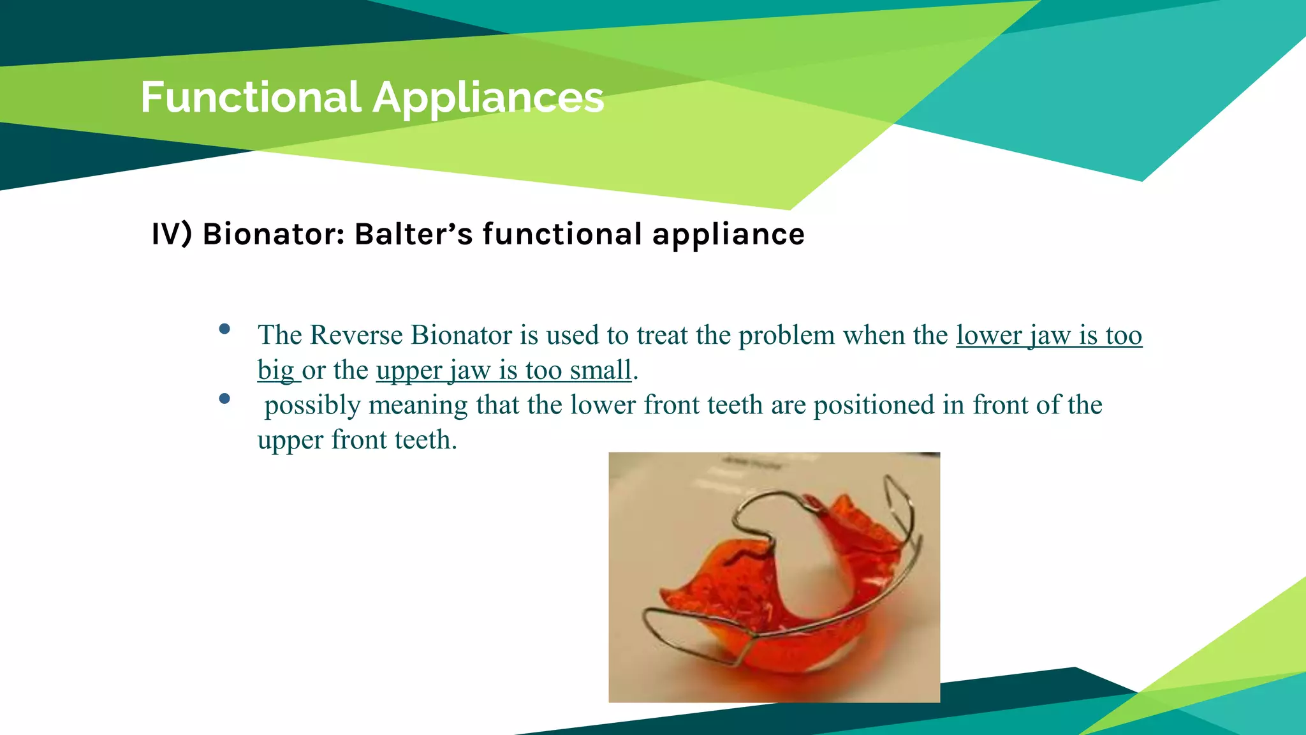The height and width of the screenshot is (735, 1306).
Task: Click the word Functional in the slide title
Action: [x=251, y=98]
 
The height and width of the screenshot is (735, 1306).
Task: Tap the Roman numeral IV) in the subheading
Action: [x=172, y=234]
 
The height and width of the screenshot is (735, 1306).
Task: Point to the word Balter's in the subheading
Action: [x=413, y=234]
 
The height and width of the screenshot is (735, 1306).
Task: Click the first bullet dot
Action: [x=224, y=329]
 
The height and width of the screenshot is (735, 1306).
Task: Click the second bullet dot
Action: [x=224, y=399]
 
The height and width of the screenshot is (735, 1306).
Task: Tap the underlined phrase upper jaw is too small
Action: [x=504, y=371]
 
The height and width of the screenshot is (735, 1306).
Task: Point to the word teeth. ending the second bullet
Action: [x=425, y=440]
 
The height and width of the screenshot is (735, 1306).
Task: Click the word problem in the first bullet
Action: [x=786, y=336]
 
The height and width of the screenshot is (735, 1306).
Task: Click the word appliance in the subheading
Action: [x=728, y=234]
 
